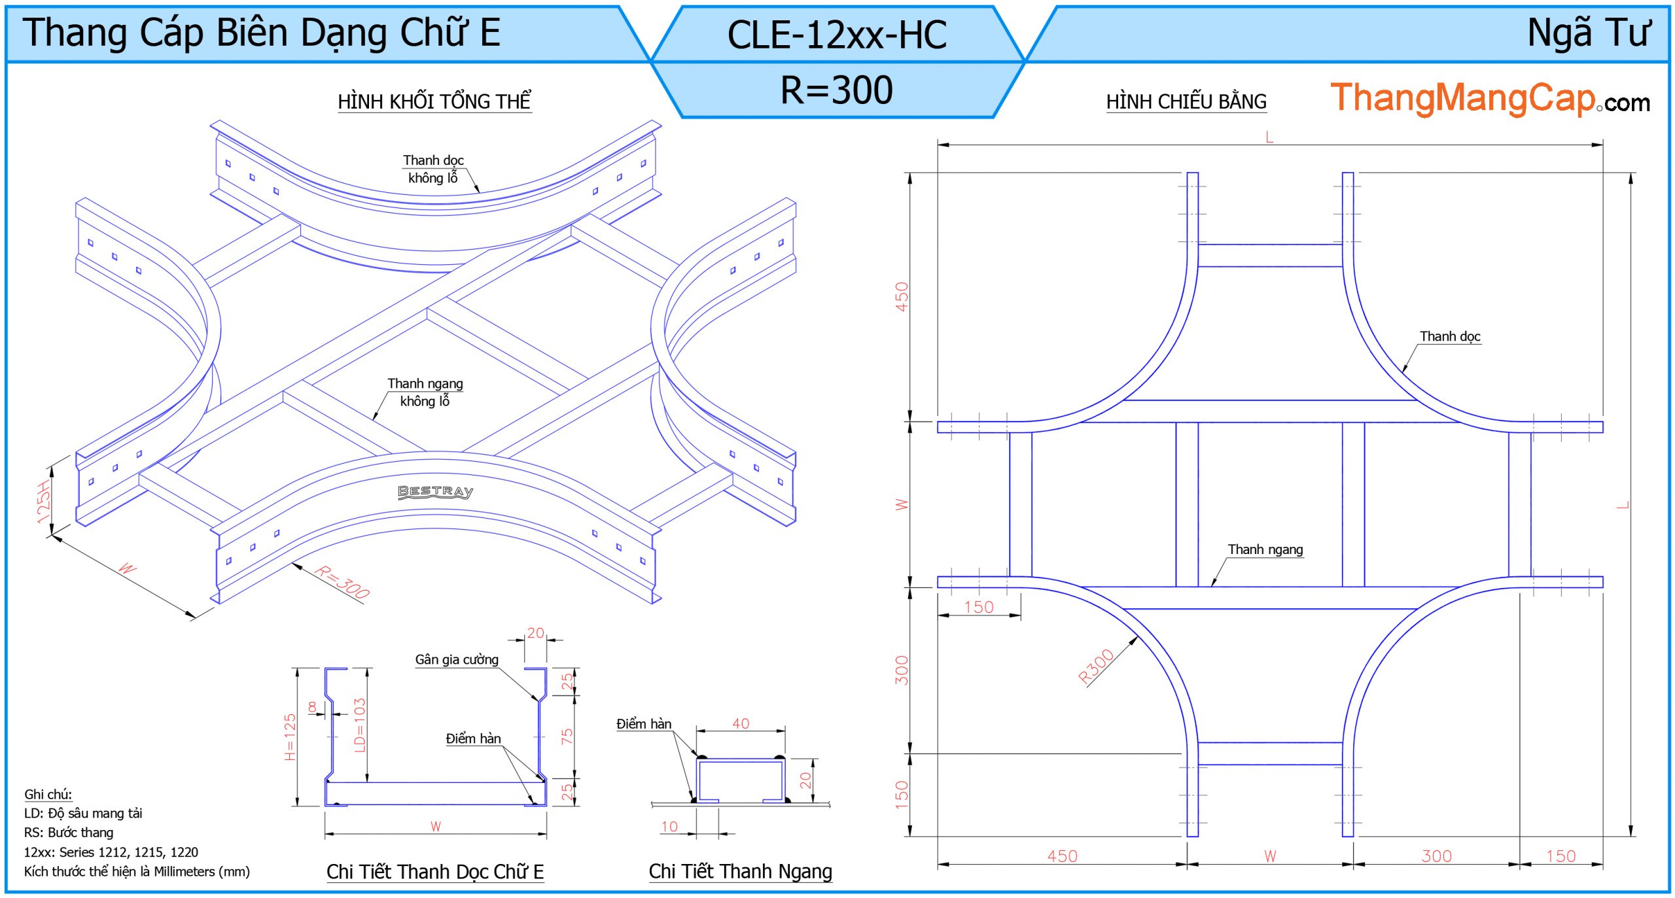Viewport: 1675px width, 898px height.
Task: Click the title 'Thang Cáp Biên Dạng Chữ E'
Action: [x=262, y=33]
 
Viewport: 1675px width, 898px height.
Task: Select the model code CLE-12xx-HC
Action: [x=837, y=35]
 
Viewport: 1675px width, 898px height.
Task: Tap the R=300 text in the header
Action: [x=837, y=90]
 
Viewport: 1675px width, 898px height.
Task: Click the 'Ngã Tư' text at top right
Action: [x=1588, y=33]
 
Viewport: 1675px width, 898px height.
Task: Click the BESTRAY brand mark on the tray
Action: [x=436, y=492]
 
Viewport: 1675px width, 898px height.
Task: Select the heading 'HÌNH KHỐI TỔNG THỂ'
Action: [x=434, y=102]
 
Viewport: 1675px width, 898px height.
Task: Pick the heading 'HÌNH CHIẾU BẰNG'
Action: [x=1186, y=102]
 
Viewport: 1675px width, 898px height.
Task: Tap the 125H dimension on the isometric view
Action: [x=44, y=502]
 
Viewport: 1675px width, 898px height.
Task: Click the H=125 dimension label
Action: [x=291, y=737]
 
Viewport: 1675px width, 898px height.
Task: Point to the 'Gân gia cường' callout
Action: [x=457, y=660]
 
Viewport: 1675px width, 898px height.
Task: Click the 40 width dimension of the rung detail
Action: [x=741, y=723]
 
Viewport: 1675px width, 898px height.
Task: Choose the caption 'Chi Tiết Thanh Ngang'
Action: [x=740, y=871]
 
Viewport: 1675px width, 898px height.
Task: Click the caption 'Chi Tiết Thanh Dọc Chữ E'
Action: [x=435, y=872]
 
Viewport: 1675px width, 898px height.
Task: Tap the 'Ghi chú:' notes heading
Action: [x=48, y=795]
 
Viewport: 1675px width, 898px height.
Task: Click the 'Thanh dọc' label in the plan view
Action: [x=1450, y=337]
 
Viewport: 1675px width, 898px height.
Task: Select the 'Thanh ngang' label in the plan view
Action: [x=1265, y=550]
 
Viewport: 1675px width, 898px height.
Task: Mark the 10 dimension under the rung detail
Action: [x=669, y=827]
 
